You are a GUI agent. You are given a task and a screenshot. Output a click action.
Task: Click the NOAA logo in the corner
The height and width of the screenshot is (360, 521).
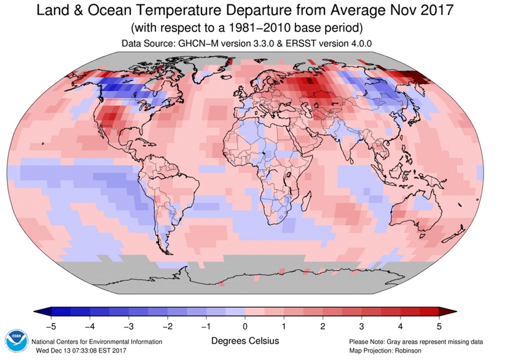pyautogui.click(x=17, y=342)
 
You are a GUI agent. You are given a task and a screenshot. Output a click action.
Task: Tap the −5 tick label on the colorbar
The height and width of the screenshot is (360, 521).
pyautogui.click(x=51, y=327)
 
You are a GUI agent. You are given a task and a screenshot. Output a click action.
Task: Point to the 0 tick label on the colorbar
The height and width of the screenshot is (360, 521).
pyautogui.click(x=245, y=327)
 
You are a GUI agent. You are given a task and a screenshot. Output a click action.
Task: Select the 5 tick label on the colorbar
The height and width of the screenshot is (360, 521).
pyautogui.click(x=439, y=327)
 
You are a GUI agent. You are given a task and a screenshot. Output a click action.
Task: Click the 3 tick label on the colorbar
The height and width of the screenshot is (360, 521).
pyautogui.click(x=361, y=327)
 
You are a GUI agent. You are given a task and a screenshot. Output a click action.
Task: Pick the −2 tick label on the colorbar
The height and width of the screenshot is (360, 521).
pyautogui.click(x=167, y=327)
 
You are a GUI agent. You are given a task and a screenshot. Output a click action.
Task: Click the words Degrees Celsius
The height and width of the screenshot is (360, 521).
pyautogui.click(x=245, y=341)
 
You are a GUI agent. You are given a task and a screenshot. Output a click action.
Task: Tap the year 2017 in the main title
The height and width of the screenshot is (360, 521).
pyautogui.click(x=437, y=10)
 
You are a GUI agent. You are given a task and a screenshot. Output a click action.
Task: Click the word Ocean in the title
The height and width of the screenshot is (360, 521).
pyautogui.click(x=109, y=10)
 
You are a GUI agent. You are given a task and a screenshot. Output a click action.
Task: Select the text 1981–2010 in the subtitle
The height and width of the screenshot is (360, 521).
pyautogui.click(x=257, y=28)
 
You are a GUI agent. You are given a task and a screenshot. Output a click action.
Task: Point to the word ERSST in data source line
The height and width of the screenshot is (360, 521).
pyautogui.click(x=296, y=44)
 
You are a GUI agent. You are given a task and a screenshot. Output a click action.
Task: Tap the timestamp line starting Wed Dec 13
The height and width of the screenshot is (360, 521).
pyautogui.click(x=81, y=350)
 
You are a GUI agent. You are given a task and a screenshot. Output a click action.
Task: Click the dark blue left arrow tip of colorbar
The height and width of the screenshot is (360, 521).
pyautogui.click(x=34, y=312)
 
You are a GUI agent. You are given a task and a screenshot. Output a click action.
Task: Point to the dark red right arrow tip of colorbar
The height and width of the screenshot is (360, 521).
pyautogui.click(x=455, y=312)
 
